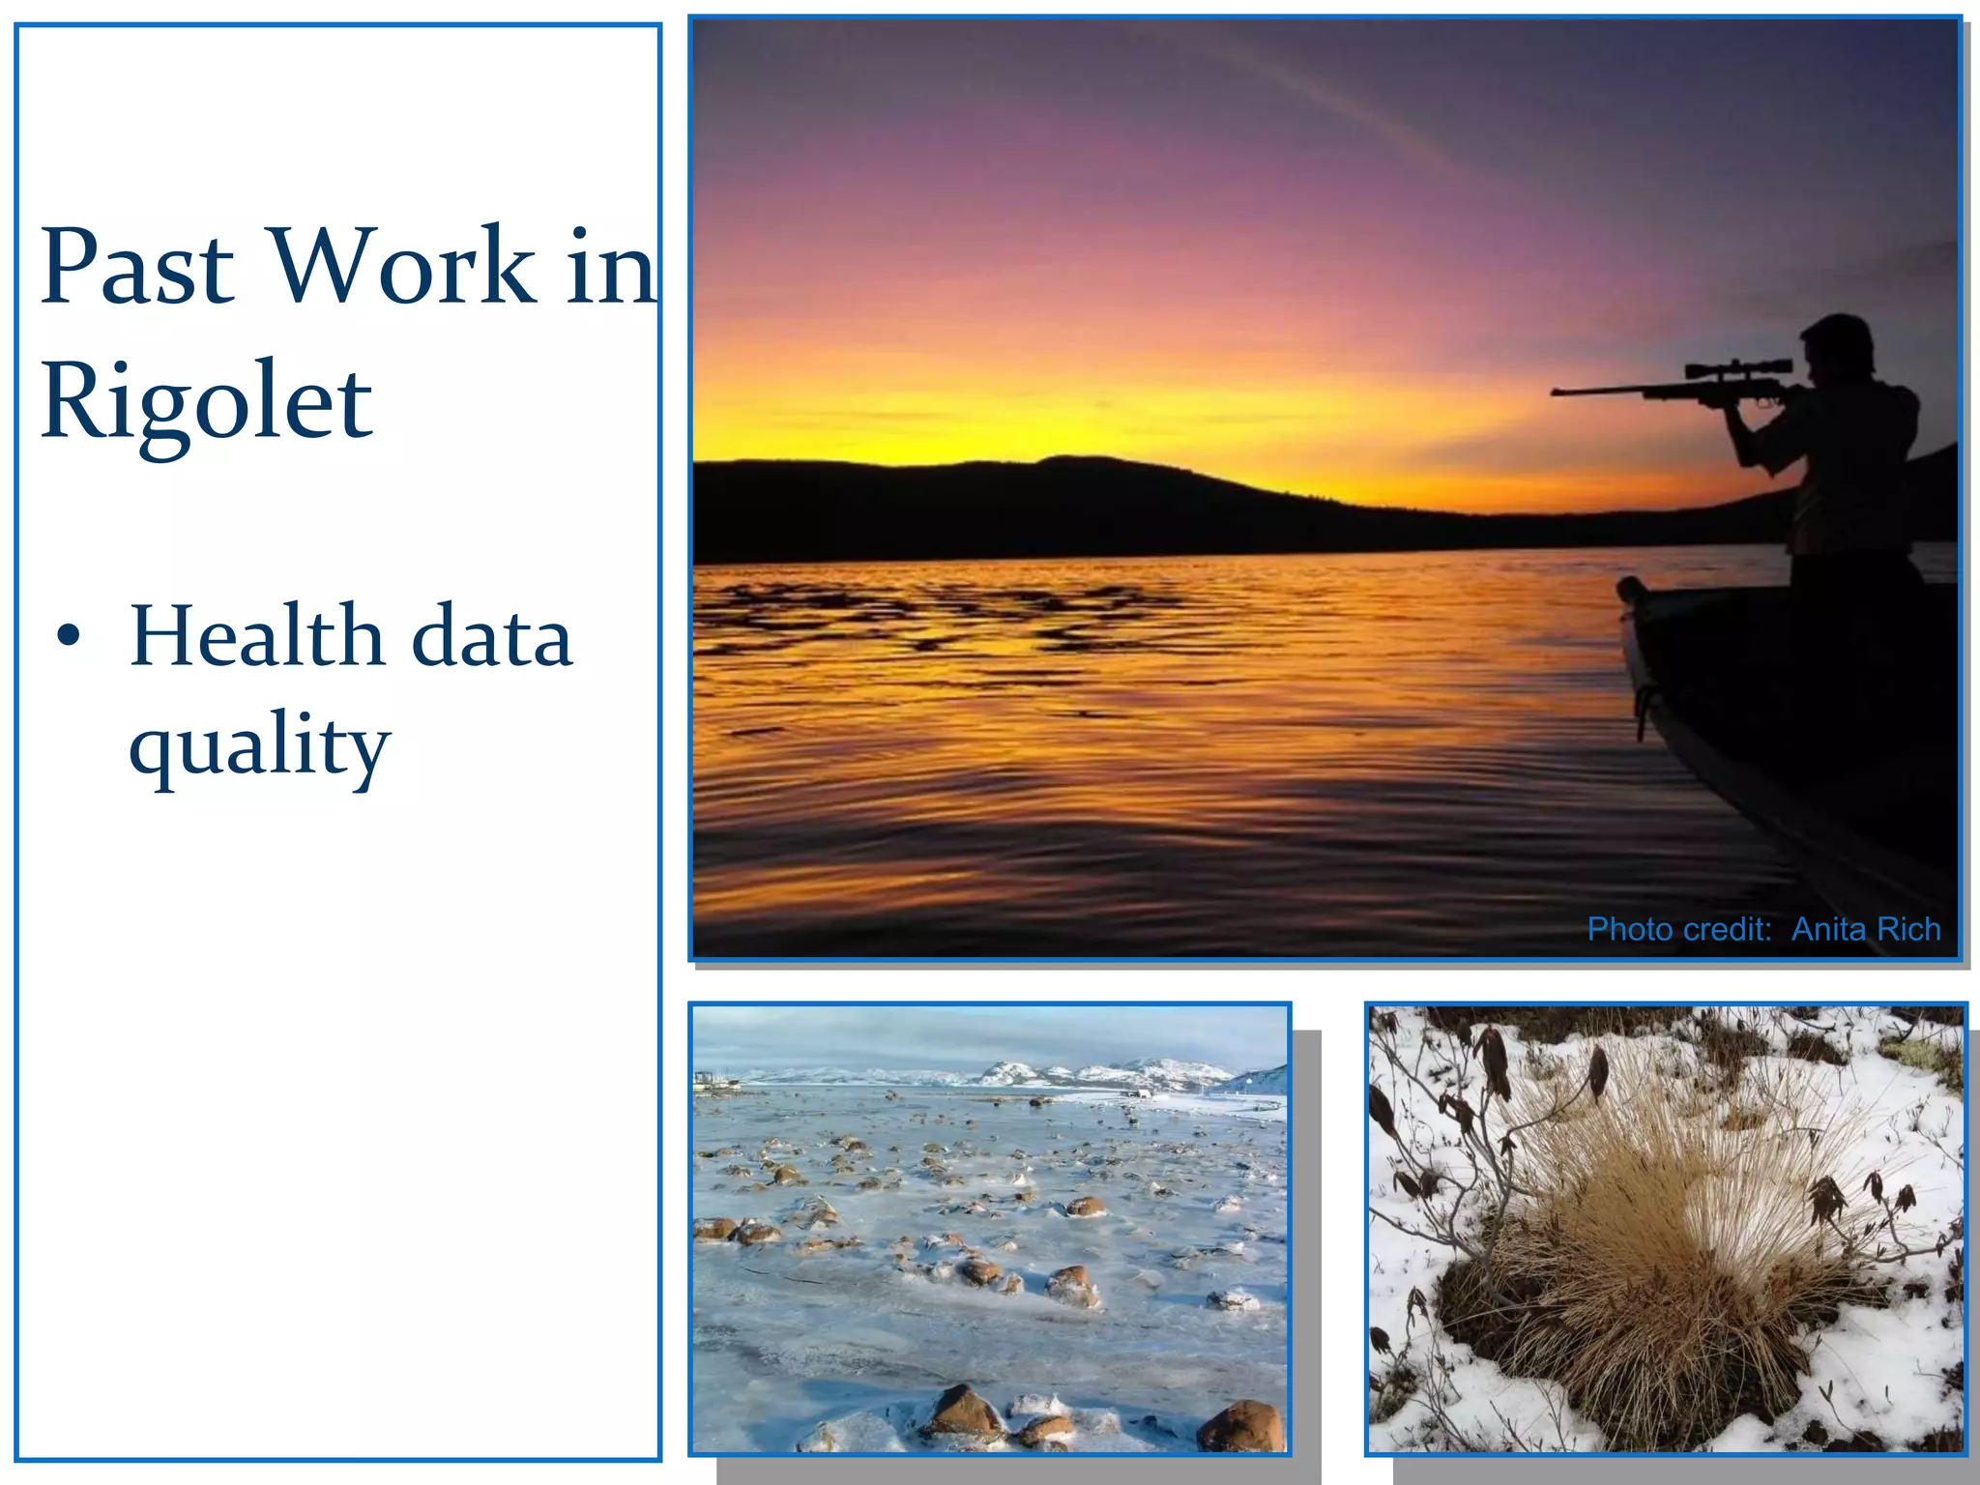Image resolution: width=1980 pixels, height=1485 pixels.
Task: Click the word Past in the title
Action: [137, 266]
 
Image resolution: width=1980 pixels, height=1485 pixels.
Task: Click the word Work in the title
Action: [402, 266]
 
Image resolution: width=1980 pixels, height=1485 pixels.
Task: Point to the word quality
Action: [259, 744]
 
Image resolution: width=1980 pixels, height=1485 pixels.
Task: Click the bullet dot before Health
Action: [69, 636]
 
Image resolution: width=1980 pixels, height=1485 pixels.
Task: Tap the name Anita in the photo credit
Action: [1827, 929]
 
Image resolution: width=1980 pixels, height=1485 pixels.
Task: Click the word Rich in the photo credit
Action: [1908, 929]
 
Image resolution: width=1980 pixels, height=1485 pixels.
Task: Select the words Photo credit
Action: [1679, 929]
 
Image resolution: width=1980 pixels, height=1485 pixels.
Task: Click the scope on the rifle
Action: [1738, 368]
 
